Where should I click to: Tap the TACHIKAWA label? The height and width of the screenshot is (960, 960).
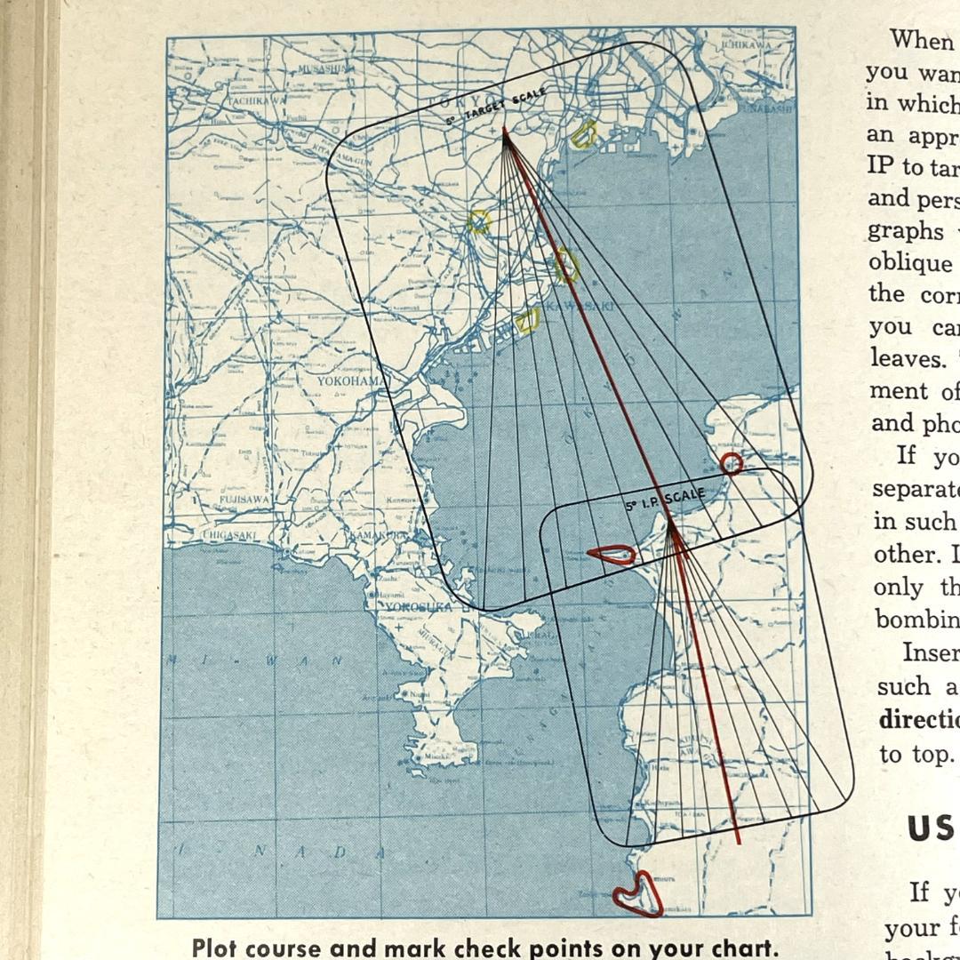(x=256, y=100)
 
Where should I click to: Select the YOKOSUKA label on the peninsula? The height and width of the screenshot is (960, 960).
(x=418, y=607)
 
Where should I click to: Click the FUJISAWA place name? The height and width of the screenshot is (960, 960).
(x=245, y=500)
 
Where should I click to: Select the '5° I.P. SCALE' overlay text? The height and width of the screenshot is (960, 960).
(x=665, y=500)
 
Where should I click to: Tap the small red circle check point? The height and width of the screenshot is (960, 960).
(x=731, y=463)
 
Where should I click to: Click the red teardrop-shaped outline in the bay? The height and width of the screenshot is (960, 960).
(x=612, y=556)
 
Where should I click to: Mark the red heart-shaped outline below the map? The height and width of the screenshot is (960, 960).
(x=637, y=893)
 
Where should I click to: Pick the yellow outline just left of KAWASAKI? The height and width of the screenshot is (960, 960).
(x=528, y=319)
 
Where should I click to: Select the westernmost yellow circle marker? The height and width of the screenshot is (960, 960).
(x=479, y=221)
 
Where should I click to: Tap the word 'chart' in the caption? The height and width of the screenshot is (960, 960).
(x=742, y=948)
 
